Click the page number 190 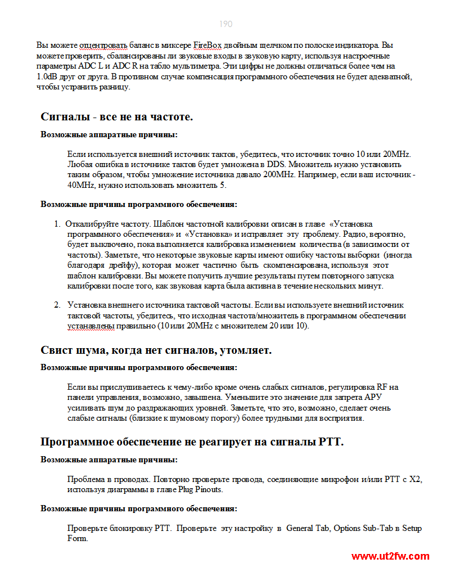coord(226,24)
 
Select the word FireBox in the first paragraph coord(208,44)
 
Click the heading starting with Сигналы coord(117,117)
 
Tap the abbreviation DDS coord(285,164)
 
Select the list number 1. coord(57,224)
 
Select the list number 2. coord(57,305)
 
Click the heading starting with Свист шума coord(156,350)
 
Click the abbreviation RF coord(382,387)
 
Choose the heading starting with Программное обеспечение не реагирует coord(192,442)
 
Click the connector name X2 coord(415,480)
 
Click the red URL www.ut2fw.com coord(391,556)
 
